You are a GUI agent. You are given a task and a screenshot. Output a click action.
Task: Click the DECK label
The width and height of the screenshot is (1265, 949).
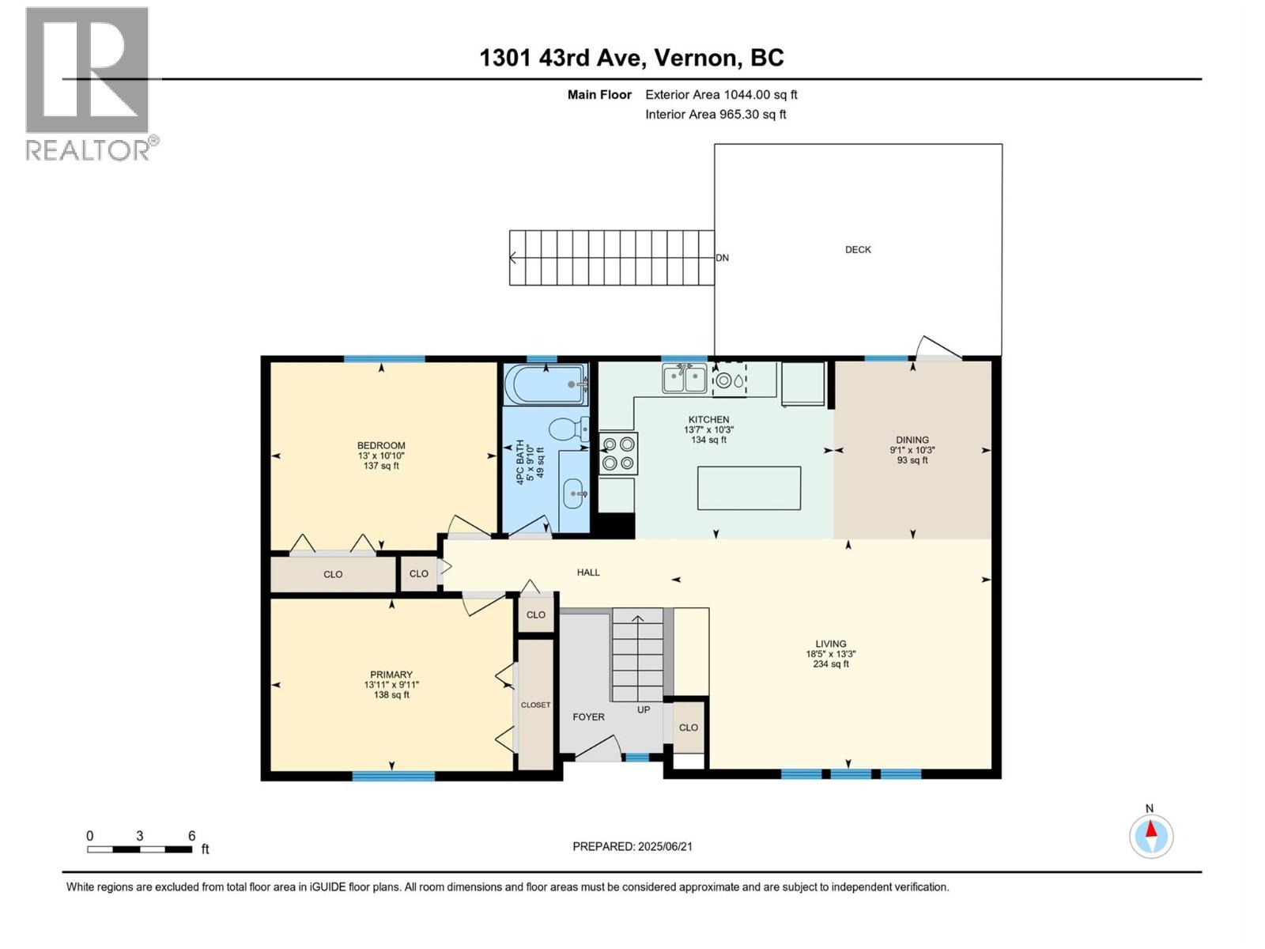[x=858, y=249]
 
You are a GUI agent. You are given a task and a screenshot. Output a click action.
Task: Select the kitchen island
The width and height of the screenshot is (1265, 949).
[x=749, y=488]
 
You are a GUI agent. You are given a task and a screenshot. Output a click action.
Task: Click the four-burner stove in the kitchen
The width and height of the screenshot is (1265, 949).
[x=618, y=453]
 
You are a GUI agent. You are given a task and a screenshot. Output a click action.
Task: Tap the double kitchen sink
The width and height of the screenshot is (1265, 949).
[x=684, y=379]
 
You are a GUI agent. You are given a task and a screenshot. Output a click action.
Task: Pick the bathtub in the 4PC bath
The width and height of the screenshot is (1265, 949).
[x=546, y=384]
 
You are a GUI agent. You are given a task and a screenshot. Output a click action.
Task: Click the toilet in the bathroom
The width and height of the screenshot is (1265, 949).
[x=568, y=429]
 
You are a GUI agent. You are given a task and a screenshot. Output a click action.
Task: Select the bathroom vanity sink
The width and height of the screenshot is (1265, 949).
[x=575, y=493]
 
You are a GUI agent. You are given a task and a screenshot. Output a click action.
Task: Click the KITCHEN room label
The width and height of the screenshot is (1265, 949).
[x=708, y=419]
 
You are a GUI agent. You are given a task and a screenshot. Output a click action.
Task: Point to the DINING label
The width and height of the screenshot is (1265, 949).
[x=912, y=440]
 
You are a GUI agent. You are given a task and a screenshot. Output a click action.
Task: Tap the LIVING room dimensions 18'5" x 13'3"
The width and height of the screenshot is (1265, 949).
[x=830, y=654]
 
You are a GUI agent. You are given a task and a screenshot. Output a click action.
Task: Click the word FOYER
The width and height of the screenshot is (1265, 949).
[x=588, y=716]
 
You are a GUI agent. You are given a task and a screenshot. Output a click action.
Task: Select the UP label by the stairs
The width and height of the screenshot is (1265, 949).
[x=643, y=710]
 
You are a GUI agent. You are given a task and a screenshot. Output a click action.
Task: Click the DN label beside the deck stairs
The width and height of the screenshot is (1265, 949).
[x=722, y=258]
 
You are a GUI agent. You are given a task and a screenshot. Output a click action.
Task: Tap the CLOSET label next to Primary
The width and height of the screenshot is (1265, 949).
[x=535, y=705]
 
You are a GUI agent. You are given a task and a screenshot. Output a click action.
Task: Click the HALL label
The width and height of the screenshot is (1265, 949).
[x=588, y=572]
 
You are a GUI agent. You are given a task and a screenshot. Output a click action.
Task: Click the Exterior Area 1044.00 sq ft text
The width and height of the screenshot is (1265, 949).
[x=721, y=94]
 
